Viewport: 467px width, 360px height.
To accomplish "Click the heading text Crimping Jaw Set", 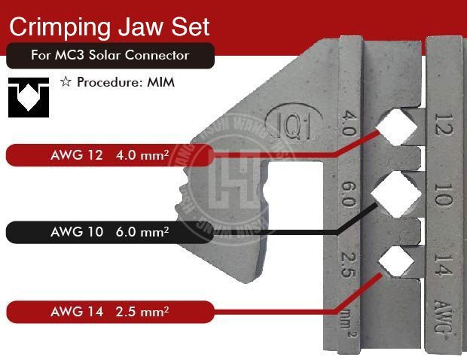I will [108, 27].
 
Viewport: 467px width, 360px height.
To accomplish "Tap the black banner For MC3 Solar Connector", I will [110, 56].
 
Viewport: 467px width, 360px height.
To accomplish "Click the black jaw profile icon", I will [29, 97].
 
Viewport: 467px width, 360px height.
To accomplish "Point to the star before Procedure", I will [65, 82].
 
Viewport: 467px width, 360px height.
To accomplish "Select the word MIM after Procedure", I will [161, 82].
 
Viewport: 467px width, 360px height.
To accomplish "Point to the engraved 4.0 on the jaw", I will [349, 123].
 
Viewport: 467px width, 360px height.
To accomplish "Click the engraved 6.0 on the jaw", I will [349, 191].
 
